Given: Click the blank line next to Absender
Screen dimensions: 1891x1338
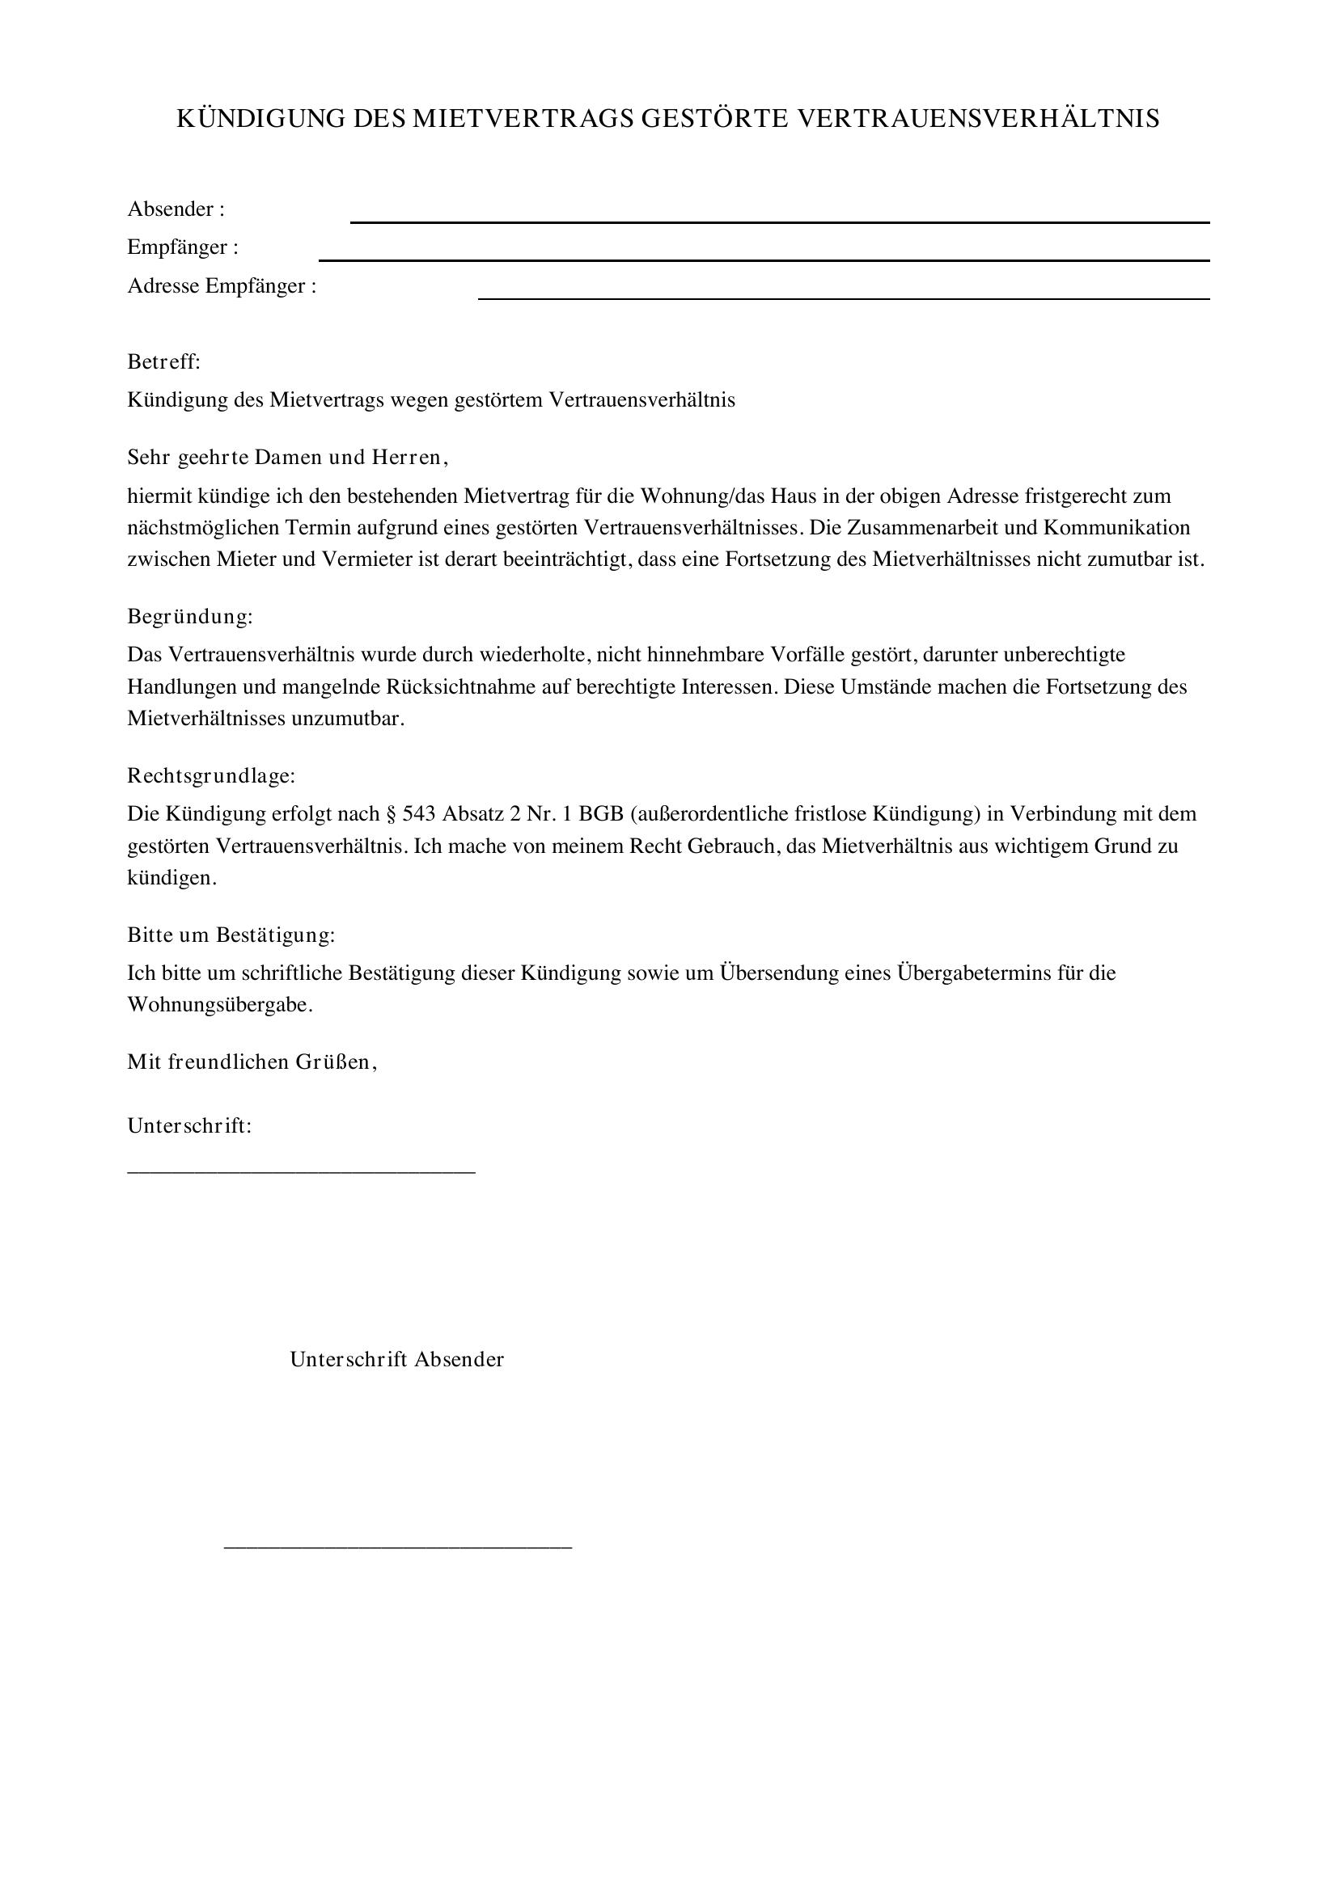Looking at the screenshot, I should (779, 222).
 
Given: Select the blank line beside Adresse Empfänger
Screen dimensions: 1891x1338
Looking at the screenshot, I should (844, 298).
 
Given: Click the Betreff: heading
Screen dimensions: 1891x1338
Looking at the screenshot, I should (164, 361).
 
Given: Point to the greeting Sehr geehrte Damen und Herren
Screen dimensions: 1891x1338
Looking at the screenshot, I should (287, 457).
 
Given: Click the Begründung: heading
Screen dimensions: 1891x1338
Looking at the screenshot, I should (189, 616).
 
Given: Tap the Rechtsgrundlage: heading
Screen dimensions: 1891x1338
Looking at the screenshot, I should (211, 775).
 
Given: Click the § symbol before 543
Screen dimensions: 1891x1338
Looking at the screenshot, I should (392, 814).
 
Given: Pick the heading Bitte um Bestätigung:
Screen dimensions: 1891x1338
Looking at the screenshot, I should (231, 935).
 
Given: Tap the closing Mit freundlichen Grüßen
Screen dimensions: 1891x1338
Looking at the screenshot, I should (252, 1062).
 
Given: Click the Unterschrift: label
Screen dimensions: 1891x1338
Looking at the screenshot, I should (189, 1126).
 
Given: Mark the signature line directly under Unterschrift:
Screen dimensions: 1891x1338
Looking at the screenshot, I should (301, 1171).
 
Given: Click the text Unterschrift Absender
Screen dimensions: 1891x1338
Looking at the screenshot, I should (396, 1359).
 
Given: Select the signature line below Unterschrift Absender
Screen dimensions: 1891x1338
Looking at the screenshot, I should (398, 1547).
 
